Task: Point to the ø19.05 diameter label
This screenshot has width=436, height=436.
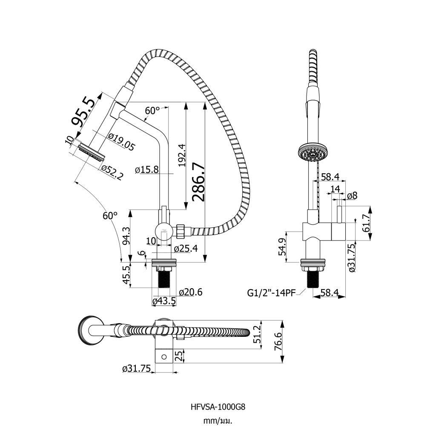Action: tap(121, 142)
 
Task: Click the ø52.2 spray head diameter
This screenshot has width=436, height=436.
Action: tap(112, 172)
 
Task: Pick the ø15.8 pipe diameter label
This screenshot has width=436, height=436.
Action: tap(146, 169)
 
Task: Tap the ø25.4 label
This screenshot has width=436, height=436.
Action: tap(186, 248)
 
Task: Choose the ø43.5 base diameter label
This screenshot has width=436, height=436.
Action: tap(164, 301)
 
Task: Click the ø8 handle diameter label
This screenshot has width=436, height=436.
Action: tap(352, 195)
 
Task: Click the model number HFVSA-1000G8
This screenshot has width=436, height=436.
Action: tap(218, 406)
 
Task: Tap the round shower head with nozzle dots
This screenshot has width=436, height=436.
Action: tap(312, 152)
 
